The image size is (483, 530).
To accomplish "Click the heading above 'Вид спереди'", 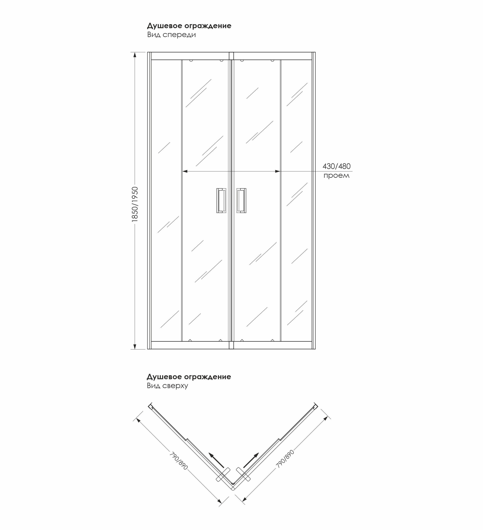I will coord(189,26).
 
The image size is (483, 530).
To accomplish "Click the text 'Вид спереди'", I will coord(171,35).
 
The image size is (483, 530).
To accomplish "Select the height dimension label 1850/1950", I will coord(135,204).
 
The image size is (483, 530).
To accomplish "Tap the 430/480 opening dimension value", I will coord(337,166).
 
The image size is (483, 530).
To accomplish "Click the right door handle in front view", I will coord(241,200).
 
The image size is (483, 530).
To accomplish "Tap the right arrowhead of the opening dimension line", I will coord(277,171).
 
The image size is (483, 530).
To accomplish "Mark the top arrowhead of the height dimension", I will coord(135,55).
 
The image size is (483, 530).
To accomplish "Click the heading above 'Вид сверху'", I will coord(189,377).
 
